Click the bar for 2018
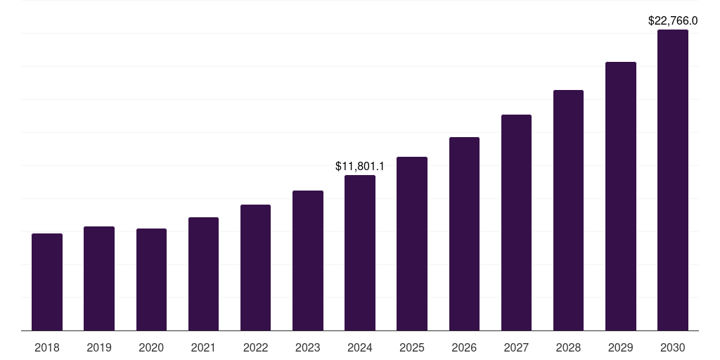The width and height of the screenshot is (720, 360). (x=47, y=282)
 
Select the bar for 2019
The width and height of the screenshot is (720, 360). (x=99, y=278)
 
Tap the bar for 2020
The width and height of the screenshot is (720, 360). (x=151, y=280)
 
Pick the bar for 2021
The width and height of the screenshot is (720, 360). (x=203, y=274)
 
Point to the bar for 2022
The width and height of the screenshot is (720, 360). (x=255, y=268)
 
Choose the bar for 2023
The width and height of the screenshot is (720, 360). (x=308, y=261)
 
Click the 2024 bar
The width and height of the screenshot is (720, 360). (x=360, y=253)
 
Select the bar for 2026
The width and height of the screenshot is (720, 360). (x=464, y=234)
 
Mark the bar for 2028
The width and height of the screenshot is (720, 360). (x=568, y=210)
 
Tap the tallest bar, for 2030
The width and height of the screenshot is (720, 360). (x=673, y=180)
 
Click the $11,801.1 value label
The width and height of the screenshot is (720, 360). (x=360, y=167)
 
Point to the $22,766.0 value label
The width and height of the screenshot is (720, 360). (x=673, y=21)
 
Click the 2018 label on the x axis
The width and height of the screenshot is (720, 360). (x=47, y=347)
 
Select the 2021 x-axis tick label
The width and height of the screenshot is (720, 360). (x=203, y=347)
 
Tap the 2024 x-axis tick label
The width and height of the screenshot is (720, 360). (x=360, y=347)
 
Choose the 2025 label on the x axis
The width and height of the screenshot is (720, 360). (x=412, y=347)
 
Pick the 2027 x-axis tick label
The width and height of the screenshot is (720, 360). (x=516, y=347)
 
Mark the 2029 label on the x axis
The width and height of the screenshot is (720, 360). (x=621, y=347)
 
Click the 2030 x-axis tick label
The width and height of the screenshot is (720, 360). (x=673, y=347)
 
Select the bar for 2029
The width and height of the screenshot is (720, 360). (x=621, y=196)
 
